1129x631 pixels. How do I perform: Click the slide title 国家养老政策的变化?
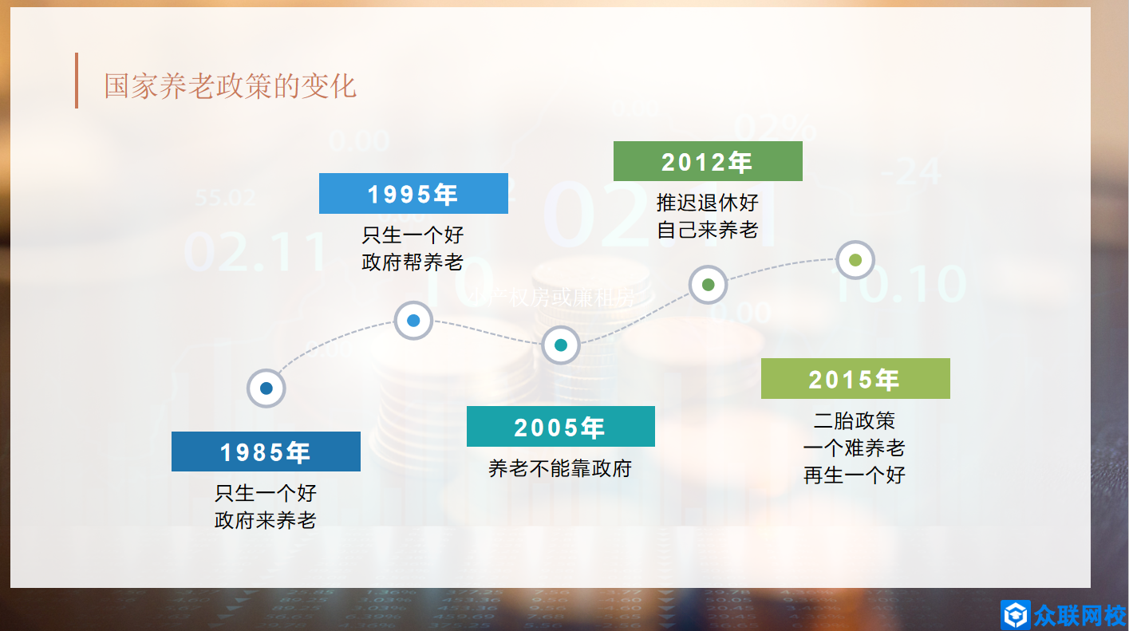coord(230,85)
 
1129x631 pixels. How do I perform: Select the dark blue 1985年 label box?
coord(266,452)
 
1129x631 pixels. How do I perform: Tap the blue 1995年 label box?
coord(413,193)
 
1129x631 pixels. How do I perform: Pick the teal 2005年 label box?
coord(560,427)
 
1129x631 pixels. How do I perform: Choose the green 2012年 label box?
coord(707,161)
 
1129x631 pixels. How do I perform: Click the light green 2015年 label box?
coord(855,379)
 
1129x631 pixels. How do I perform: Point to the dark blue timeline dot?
coord(266,388)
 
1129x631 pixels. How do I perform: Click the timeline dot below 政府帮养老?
coord(413,321)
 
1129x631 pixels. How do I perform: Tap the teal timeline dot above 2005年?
coord(561,345)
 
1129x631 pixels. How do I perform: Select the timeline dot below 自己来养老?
coord(708,284)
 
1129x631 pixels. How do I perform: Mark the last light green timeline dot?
coord(855,260)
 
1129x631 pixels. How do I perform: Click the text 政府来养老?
coord(266,521)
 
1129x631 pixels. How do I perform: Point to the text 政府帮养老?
coord(413,262)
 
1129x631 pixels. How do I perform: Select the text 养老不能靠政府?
coord(560,468)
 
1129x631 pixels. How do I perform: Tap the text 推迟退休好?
coord(707,202)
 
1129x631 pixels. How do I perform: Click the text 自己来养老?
coord(707,231)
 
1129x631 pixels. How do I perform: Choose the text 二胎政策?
coord(855,420)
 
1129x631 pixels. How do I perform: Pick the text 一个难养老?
coord(855,448)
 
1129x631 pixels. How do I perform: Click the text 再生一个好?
coord(855,475)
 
